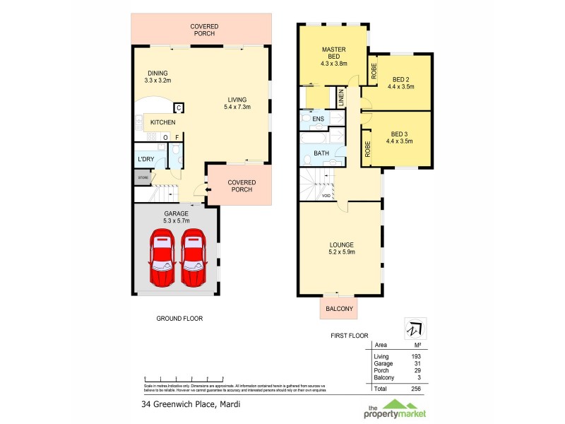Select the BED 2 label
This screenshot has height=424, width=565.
click(400, 82)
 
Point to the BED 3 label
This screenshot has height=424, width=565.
click(400, 137)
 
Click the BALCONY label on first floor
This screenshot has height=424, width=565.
click(338, 308)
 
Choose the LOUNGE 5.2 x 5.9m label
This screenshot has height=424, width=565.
click(341, 248)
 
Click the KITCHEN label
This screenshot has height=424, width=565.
click(162, 122)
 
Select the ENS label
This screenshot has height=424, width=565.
click(318, 119)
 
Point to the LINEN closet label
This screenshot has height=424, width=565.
click(340, 98)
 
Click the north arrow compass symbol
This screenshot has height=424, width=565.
click(410, 329)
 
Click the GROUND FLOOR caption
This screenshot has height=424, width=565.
click(179, 319)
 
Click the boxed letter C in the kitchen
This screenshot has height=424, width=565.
click(179, 108)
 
